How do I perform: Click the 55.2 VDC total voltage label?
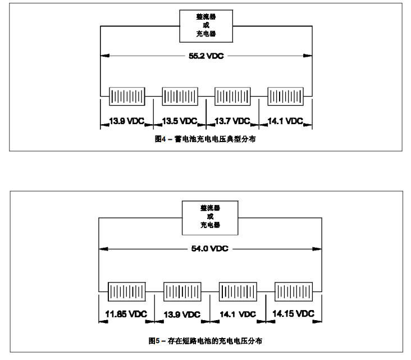click(x=205, y=57)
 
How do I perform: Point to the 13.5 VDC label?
click(x=180, y=121)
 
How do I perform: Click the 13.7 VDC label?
click(x=232, y=121)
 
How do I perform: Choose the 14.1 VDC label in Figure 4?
click(x=285, y=121)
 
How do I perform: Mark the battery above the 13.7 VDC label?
click(x=232, y=95)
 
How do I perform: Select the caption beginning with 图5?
click(x=209, y=340)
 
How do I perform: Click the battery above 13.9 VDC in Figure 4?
click(x=126, y=95)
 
